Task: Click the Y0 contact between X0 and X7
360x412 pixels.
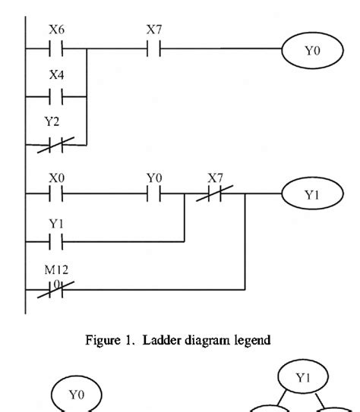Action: point(155,195)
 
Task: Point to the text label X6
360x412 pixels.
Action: point(58,31)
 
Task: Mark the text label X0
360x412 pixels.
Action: point(58,176)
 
